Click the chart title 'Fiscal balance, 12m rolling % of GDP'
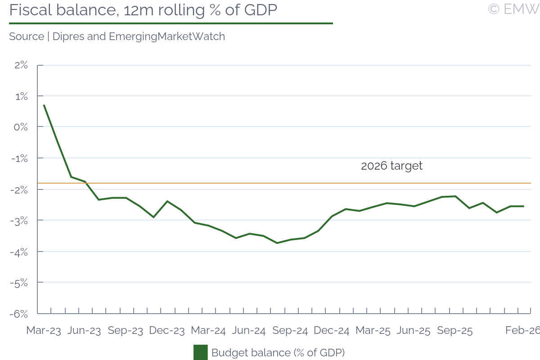pos(143,10)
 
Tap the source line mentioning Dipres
pos(117,36)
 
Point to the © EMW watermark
pos(513,9)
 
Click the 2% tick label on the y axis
pos(21,65)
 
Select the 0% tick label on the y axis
pos(21,127)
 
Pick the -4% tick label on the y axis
pos(19,252)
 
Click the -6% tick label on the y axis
pos(19,314)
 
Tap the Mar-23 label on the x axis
pos(43,330)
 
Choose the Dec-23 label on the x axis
pos(167,330)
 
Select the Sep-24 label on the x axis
pos(290,330)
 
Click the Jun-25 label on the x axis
pos(414,330)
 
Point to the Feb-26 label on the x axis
pos(522,330)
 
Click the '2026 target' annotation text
pos(391,166)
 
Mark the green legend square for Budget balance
pos(200,352)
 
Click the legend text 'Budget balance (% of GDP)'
pos(278,352)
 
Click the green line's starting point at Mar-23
pos(44,105)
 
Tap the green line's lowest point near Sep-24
pos(277,243)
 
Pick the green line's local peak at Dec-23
pos(167,201)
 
